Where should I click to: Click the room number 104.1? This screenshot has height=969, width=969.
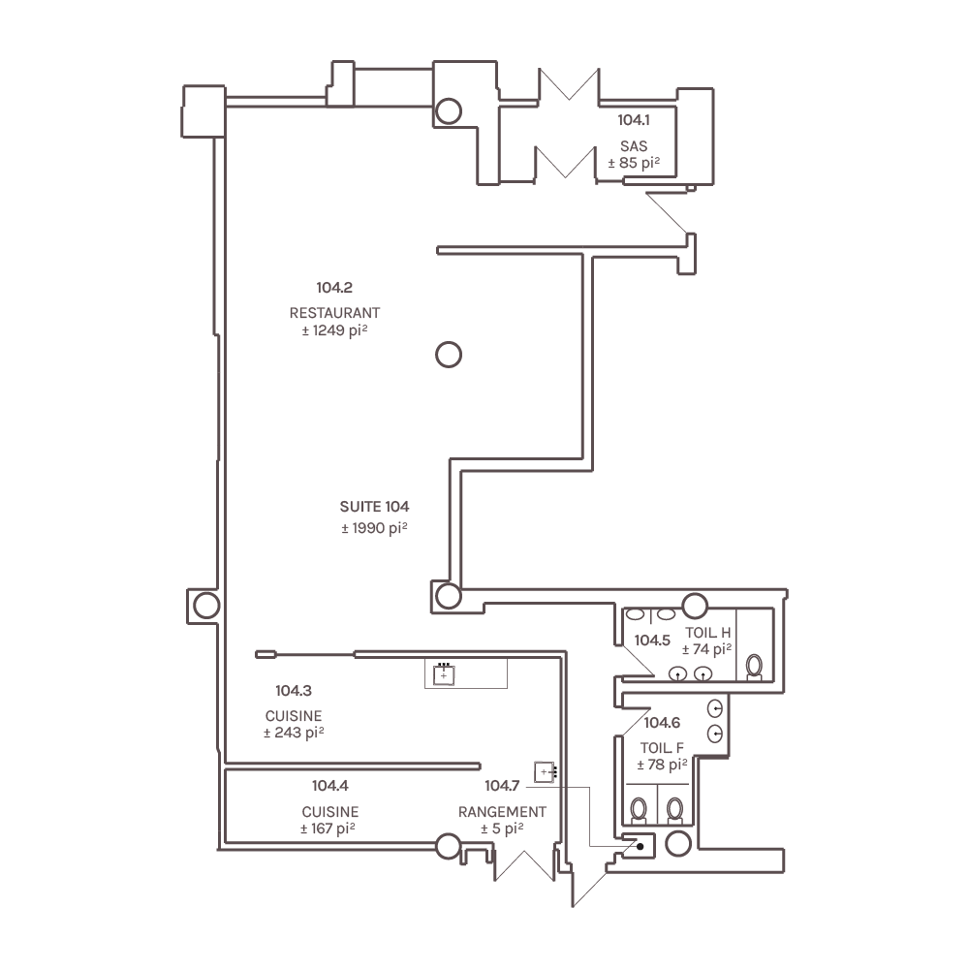[x=634, y=120]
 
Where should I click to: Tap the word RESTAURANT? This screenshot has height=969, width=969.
[x=334, y=313]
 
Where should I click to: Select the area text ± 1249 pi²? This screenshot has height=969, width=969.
[x=334, y=331]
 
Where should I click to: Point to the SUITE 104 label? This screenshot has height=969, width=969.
[x=374, y=507]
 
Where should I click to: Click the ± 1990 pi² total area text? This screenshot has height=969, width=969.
[x=374, y=528]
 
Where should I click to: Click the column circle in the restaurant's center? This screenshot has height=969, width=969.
[x=448, y=355]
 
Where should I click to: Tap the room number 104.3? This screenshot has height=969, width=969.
[x=294, y=691]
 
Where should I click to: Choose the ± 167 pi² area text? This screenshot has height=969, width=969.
[x=329, y=828]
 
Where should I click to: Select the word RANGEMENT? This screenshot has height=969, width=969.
[x=502, y=811]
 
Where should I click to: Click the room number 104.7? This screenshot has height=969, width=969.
[x=503, y=786]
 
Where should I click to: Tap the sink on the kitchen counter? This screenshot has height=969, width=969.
[x=444, y=673]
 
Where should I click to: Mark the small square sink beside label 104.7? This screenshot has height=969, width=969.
[x=547, y=772]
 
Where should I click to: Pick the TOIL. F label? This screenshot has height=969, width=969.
[x=663, y=748]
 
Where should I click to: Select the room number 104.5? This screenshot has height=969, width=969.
[x=652, y=641]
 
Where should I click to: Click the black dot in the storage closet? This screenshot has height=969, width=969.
[x=640, y=846]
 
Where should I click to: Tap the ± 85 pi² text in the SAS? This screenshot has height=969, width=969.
[x=634, y=163]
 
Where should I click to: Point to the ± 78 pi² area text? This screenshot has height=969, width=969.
[x=663, y=765]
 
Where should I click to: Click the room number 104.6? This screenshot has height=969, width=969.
[x=663, y=723]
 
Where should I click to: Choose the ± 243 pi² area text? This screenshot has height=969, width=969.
[x=294, y=734]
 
